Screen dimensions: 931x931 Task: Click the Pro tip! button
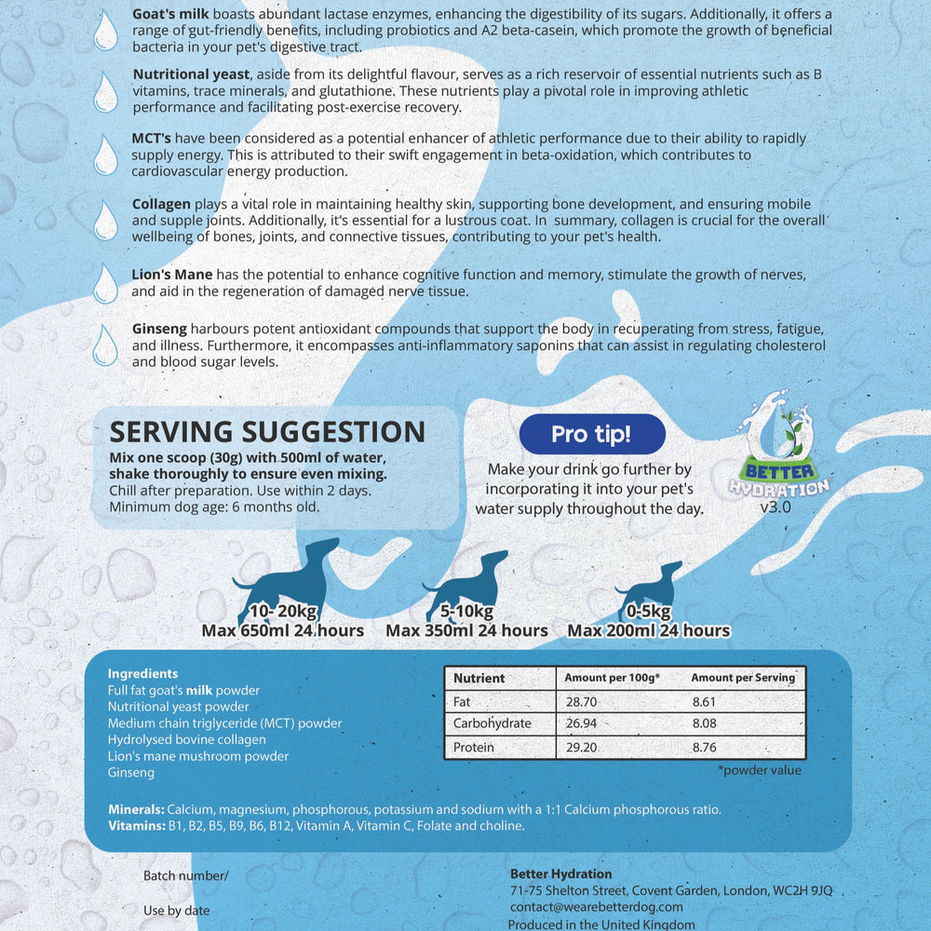click(592, 434)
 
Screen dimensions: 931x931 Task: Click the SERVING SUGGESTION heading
click(267, 432)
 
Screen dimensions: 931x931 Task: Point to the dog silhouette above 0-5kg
click(649, 589)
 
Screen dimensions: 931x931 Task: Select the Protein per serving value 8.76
click(706, 747)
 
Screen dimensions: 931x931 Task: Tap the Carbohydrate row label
click(492, 723)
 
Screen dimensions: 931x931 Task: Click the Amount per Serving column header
click(743, 678)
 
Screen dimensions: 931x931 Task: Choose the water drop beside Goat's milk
click(106, 31)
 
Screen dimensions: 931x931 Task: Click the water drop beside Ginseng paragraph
click(106, 344)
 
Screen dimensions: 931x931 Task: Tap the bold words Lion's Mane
click(172, 275)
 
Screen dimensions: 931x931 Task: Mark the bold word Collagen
click(162, 204)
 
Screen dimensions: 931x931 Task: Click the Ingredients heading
click(142, 673)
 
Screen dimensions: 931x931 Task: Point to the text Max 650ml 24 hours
click(282, 631)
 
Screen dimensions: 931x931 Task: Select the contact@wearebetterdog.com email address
click(597, 906)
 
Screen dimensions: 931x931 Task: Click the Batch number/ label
click(185, 876)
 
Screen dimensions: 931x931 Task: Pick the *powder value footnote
click(760, 770)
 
